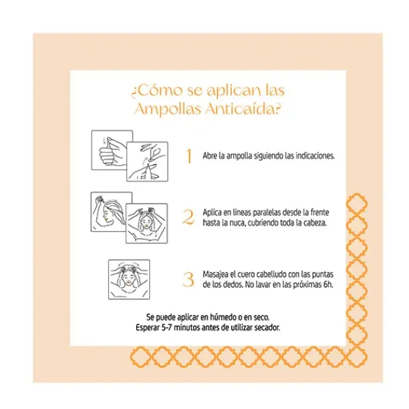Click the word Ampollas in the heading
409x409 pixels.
click(x=168, y=109)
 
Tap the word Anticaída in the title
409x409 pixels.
click(x=243, y=108)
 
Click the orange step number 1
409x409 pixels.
click(x=189, y=156)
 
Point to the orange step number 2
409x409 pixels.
click(x=188, y=217)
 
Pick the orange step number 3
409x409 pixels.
click(x=188, y=279)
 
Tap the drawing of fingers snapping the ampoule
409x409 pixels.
click(x=147, y=162)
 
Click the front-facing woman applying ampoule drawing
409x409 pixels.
click(x=147, y=224)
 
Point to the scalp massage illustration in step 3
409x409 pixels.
click(x=129, y=279)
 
